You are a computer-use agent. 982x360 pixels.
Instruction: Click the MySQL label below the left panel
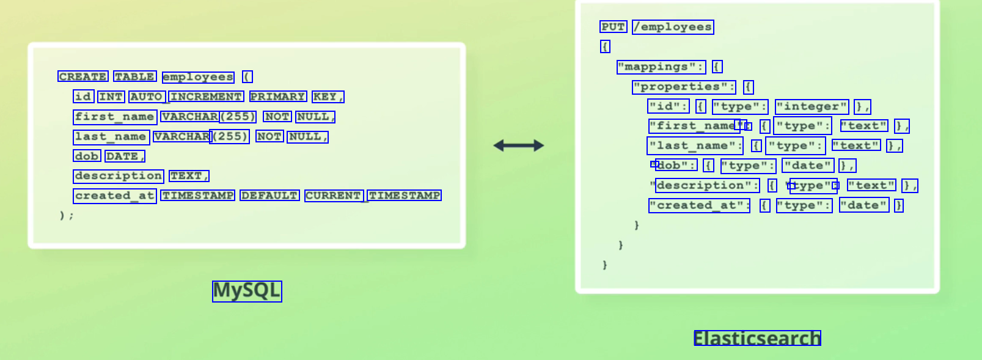(247, 291)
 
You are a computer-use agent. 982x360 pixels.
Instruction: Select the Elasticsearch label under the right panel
(757, 338)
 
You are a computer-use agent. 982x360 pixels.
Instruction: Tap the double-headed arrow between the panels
(518, 145)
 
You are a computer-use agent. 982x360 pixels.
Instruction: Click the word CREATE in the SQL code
(83, 76)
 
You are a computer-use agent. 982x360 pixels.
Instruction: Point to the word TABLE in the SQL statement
(135, 76)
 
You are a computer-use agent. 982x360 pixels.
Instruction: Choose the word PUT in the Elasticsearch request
(614, 27)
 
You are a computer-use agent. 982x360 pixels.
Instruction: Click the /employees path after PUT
(673, 27)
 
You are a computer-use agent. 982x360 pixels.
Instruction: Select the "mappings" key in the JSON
(661, 67)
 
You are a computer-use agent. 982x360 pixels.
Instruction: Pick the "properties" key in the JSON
(684, 87)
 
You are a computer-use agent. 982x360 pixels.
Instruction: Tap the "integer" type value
(812, 106)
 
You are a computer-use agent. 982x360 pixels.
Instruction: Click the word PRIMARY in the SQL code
(278, 97)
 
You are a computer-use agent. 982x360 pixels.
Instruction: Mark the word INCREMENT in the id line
(206, 97)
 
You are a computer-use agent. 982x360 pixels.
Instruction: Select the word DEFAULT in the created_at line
(269, 196)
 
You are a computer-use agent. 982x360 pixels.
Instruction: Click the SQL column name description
(119, 176)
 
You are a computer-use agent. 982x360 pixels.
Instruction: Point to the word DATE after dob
(124, 156)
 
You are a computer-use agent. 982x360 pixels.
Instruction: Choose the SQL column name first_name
(115, 117)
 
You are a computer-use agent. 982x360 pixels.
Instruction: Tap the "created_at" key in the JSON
(699, 205)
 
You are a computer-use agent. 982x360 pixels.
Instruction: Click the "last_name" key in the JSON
(695, 146)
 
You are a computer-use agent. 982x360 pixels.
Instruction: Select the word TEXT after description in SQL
(188, 176)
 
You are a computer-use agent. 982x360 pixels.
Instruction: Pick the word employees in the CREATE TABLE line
(198, 77)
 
